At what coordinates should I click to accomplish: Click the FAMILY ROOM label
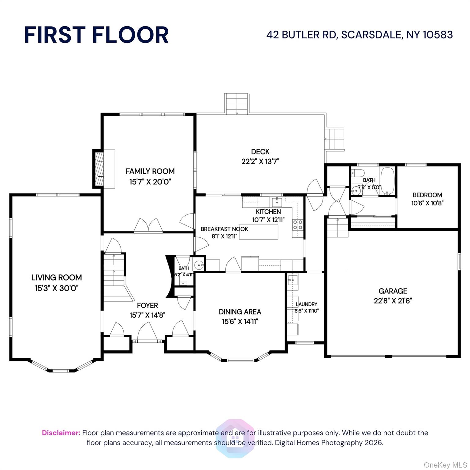click(x=150, y=171)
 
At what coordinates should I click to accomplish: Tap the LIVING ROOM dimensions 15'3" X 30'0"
click(x=57, y=288)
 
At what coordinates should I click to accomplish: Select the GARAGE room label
click(x=393, y=291)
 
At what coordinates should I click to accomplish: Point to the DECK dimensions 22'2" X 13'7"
click(x=260, y=161)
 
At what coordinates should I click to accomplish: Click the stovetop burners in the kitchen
click(x=298, y=225)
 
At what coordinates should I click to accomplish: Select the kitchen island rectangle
click(x=259, y=232)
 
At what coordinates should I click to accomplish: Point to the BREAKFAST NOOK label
click(x=224, y=229)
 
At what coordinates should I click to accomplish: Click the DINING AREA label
click(x=240, y=312)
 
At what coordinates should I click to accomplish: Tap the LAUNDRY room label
click(x=306, y=304)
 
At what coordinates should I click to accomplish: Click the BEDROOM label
click(x=427, y=195)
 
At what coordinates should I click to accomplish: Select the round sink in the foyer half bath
click(x=199, y=264)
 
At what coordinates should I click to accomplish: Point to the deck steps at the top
click(x=237, y=104)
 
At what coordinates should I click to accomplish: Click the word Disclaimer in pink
click(x=61, y=433)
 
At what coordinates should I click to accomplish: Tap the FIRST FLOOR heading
click(x=96, y=35)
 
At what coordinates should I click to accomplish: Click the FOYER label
click(x=147, y=305)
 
